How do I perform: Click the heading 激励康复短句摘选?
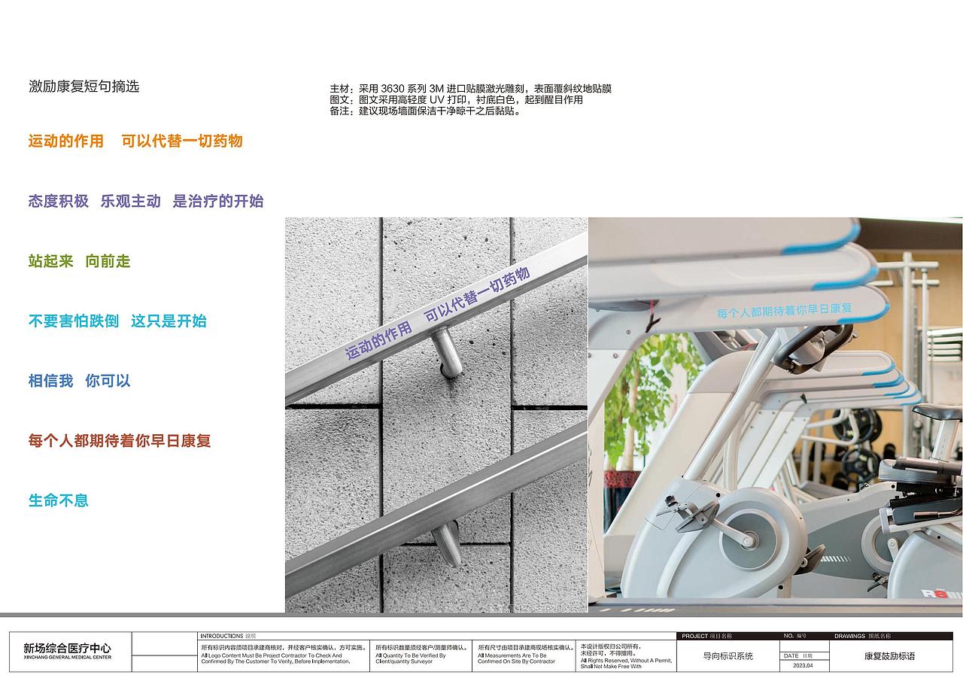pos(84,87)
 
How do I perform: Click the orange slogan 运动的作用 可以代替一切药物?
pos(135,141)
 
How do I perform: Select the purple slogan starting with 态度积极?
pos(146,201)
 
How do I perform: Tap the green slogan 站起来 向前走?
pos(79,261)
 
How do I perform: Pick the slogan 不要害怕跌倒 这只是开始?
pos(117,321)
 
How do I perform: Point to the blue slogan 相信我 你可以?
pos(79,381)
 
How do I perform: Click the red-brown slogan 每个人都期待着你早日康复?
pos(120,441)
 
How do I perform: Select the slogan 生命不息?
pos(58,500)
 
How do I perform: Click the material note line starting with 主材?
pos(470,89)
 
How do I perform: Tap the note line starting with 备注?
pos(425,111)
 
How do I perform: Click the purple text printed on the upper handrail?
pos(437,313)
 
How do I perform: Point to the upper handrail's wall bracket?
pos(448,354)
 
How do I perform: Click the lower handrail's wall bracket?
pos(448,543)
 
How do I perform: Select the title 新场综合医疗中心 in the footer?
pos(67,648)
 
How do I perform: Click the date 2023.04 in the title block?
pos(802,665)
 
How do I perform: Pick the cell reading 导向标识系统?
pos(728,656)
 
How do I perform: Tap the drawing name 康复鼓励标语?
pos(890,656)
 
